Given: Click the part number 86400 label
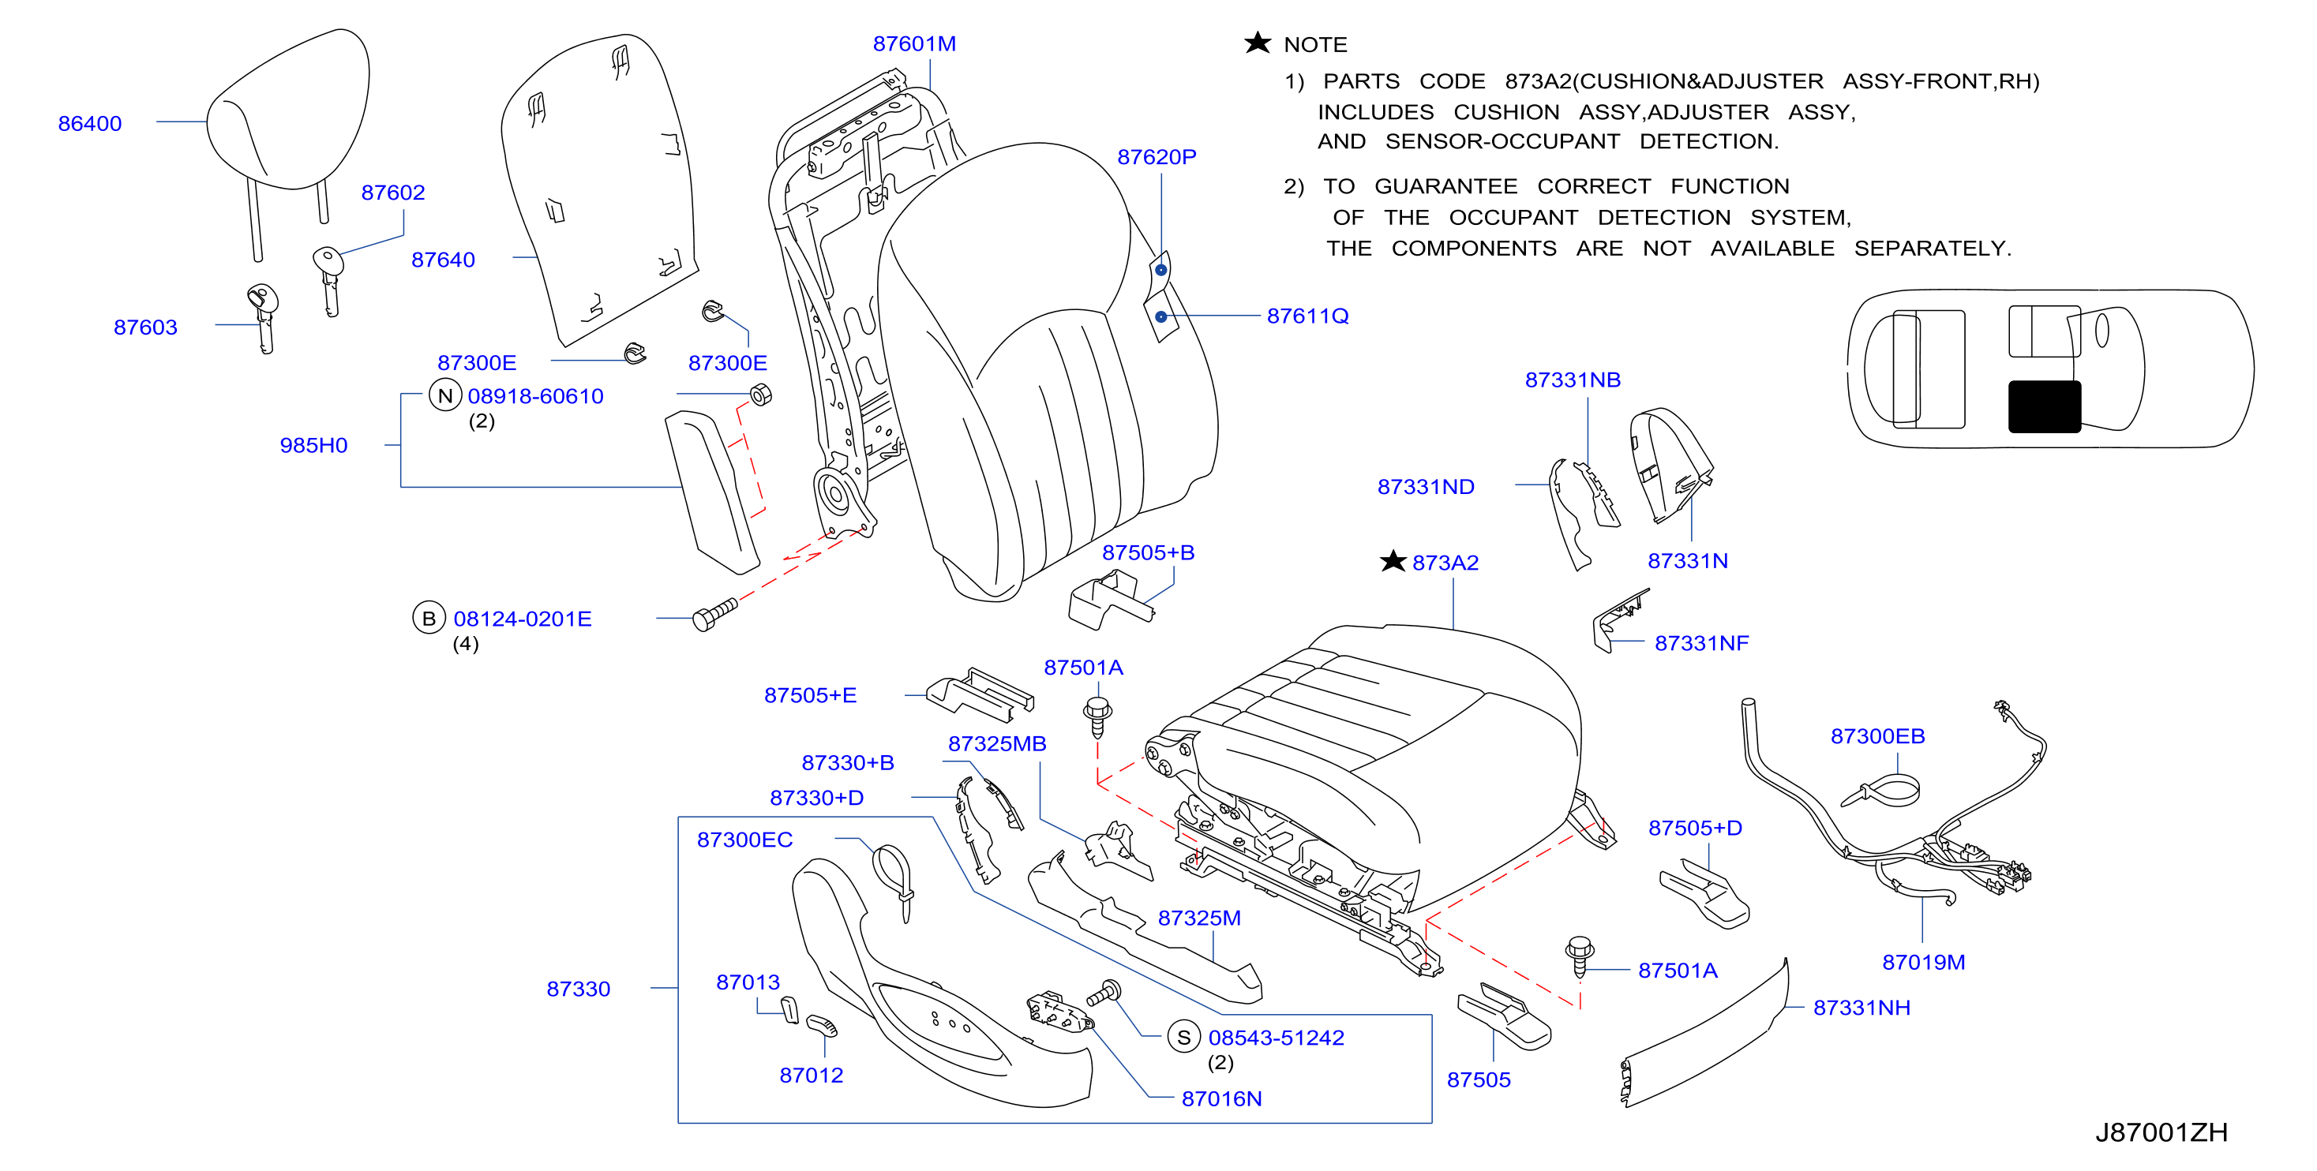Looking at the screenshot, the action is (x=90, y=123).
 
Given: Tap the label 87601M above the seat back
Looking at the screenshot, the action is (x=914, y=43).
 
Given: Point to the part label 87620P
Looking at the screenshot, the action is (x=1157, y=156).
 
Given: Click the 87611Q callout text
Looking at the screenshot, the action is (x=1308, y=316).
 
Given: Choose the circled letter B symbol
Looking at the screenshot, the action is (x=429, y=618).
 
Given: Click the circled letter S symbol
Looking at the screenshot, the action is (x=1183, y=1037).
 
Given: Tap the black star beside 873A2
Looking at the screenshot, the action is (x=1393, y=561).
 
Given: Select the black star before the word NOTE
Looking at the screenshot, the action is (x=1258, y=43).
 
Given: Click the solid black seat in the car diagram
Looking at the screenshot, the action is (x=2045, y=406).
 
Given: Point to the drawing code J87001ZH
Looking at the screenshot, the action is (x=2161, y=1132).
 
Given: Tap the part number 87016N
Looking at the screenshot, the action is (x=1221, y=1098).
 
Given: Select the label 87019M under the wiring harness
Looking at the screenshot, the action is (x=1924, y=961).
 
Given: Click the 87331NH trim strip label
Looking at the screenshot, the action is (x=1861, y=1008).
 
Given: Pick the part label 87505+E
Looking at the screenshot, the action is (x=811, y=695).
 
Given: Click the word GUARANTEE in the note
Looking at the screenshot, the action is (x=1446, y=186).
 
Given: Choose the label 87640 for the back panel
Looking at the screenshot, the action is (x=444, y=260).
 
